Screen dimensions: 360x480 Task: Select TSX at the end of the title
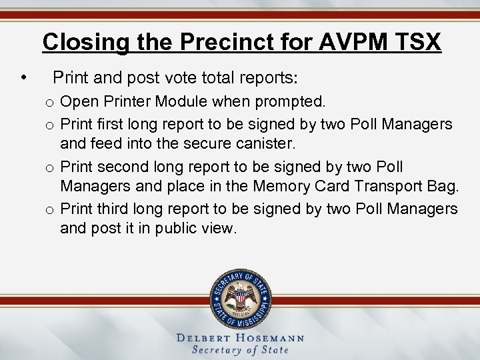pyautogui.click(x=417, y=42)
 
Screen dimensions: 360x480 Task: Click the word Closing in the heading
pyautogui.click(x=82, y=42)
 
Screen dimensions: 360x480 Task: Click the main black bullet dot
pyautogui.click(x=24, y=79)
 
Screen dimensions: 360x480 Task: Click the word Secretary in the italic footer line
pyautogui.click(x=217, y=350)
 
